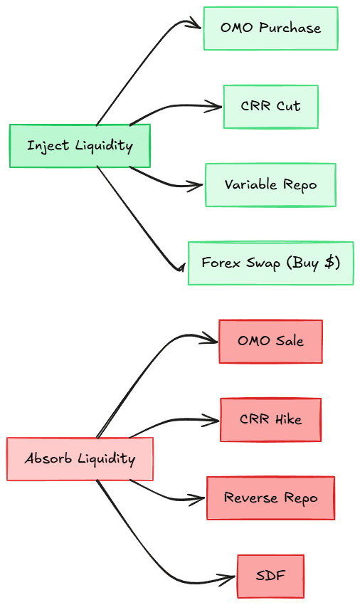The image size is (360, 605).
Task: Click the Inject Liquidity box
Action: pyautogui.click(x=80, y=146)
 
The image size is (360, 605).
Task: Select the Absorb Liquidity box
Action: pyautogui.click(x=80, y=459)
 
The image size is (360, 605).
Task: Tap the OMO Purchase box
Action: pyautogui.click(x=271, y=28)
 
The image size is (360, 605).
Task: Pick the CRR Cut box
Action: pyautogui.click(x=271, y=107)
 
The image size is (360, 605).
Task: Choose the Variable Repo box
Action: pyautogui.click(x=270, y=185)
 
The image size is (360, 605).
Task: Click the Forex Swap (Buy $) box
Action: pyautogui.click(x=271, y=263)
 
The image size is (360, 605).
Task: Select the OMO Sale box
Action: pyautogui.click(x=270, y=342)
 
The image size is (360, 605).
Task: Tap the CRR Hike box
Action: pyautogui.click(x=270, y=419)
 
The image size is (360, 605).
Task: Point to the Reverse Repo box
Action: pyautogui.click(x=270, y=498)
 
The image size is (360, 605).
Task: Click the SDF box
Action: pyautogui.click(x=270, y=576)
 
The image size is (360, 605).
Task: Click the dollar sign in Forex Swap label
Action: pyautogui.click(x=330, y=263)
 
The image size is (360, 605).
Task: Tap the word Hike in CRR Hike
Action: pyautogui.click(x=288, y=419)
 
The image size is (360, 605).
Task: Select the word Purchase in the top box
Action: pyautogui.click(x=290, y=28)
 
